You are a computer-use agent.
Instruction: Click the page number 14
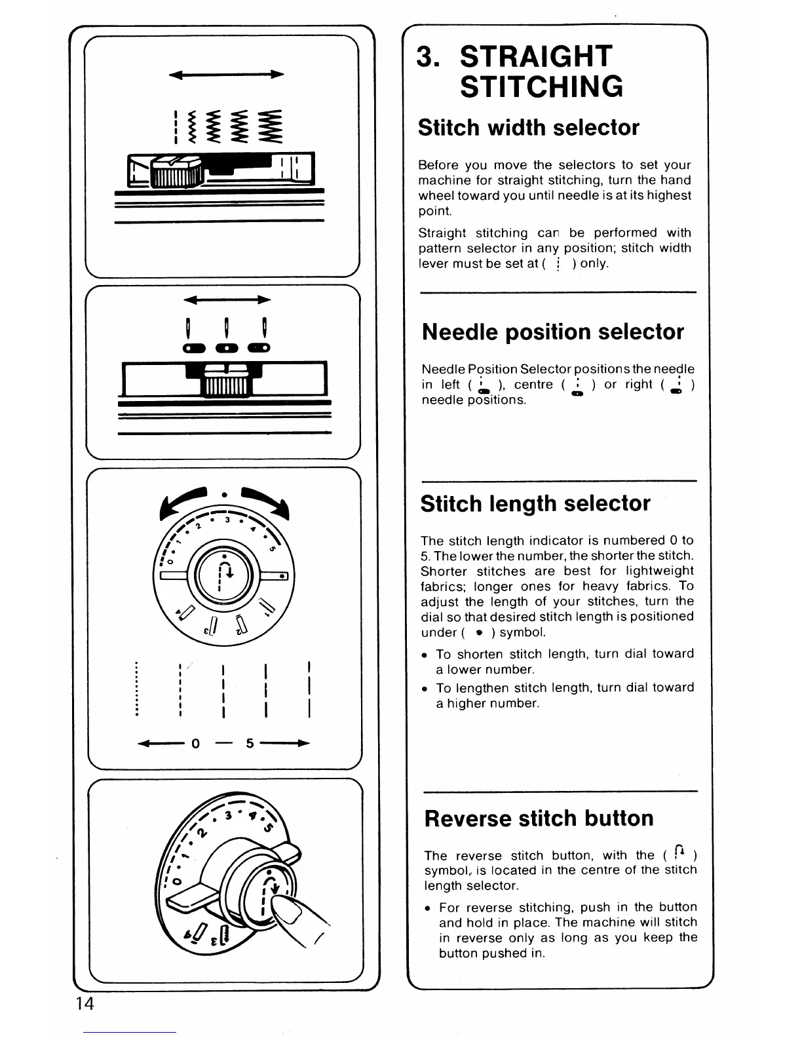click(x=85, y=1003)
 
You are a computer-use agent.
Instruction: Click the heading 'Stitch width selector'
click(x=529, y=127)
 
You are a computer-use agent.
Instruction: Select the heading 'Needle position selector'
click(x=553, y=332)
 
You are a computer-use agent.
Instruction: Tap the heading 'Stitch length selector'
click(x=535, y=503)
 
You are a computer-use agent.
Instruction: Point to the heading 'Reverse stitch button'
click(x=539, y=818)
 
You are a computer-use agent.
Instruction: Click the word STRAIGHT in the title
click(x=536, y=56)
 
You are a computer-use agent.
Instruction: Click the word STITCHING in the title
click(x=541, y=88)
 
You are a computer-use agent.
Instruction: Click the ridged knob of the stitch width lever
click(x=175, y=174)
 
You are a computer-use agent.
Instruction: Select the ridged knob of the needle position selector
click(x=225, y=384)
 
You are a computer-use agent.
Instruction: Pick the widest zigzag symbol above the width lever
click(x=269, y=125)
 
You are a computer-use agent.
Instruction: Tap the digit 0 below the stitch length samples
click(x=195, y=744)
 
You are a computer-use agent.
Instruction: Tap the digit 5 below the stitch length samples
click(x=250, y=744)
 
